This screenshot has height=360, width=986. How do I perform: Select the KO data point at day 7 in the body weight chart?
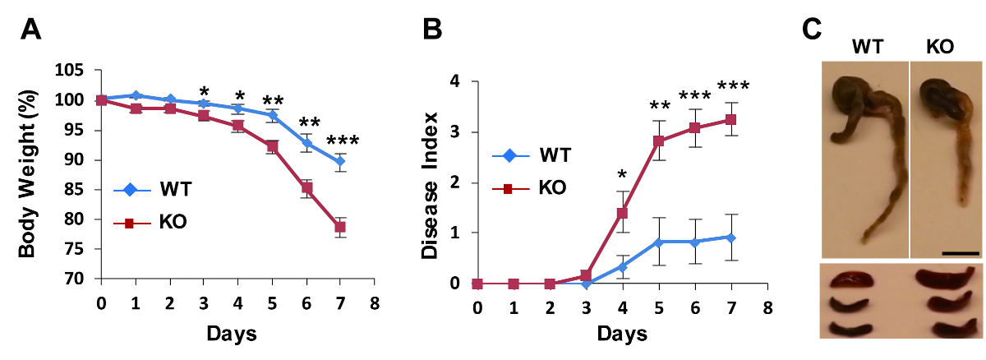[x=339, y=227]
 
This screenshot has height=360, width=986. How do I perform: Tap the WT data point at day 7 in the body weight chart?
[x=339, y=161]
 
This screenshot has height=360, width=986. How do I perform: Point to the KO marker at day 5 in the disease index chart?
[x=658, y=141]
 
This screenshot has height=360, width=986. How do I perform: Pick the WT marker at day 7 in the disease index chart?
[x=730, y=238]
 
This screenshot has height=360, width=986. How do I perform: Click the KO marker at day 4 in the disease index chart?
[x=622, y=214]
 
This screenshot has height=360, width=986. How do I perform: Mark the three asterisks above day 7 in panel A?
[x=342, y=142]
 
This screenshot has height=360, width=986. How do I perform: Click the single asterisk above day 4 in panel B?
[x=622, y=173]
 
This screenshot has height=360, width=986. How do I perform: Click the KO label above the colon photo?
[x=940, y=47]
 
